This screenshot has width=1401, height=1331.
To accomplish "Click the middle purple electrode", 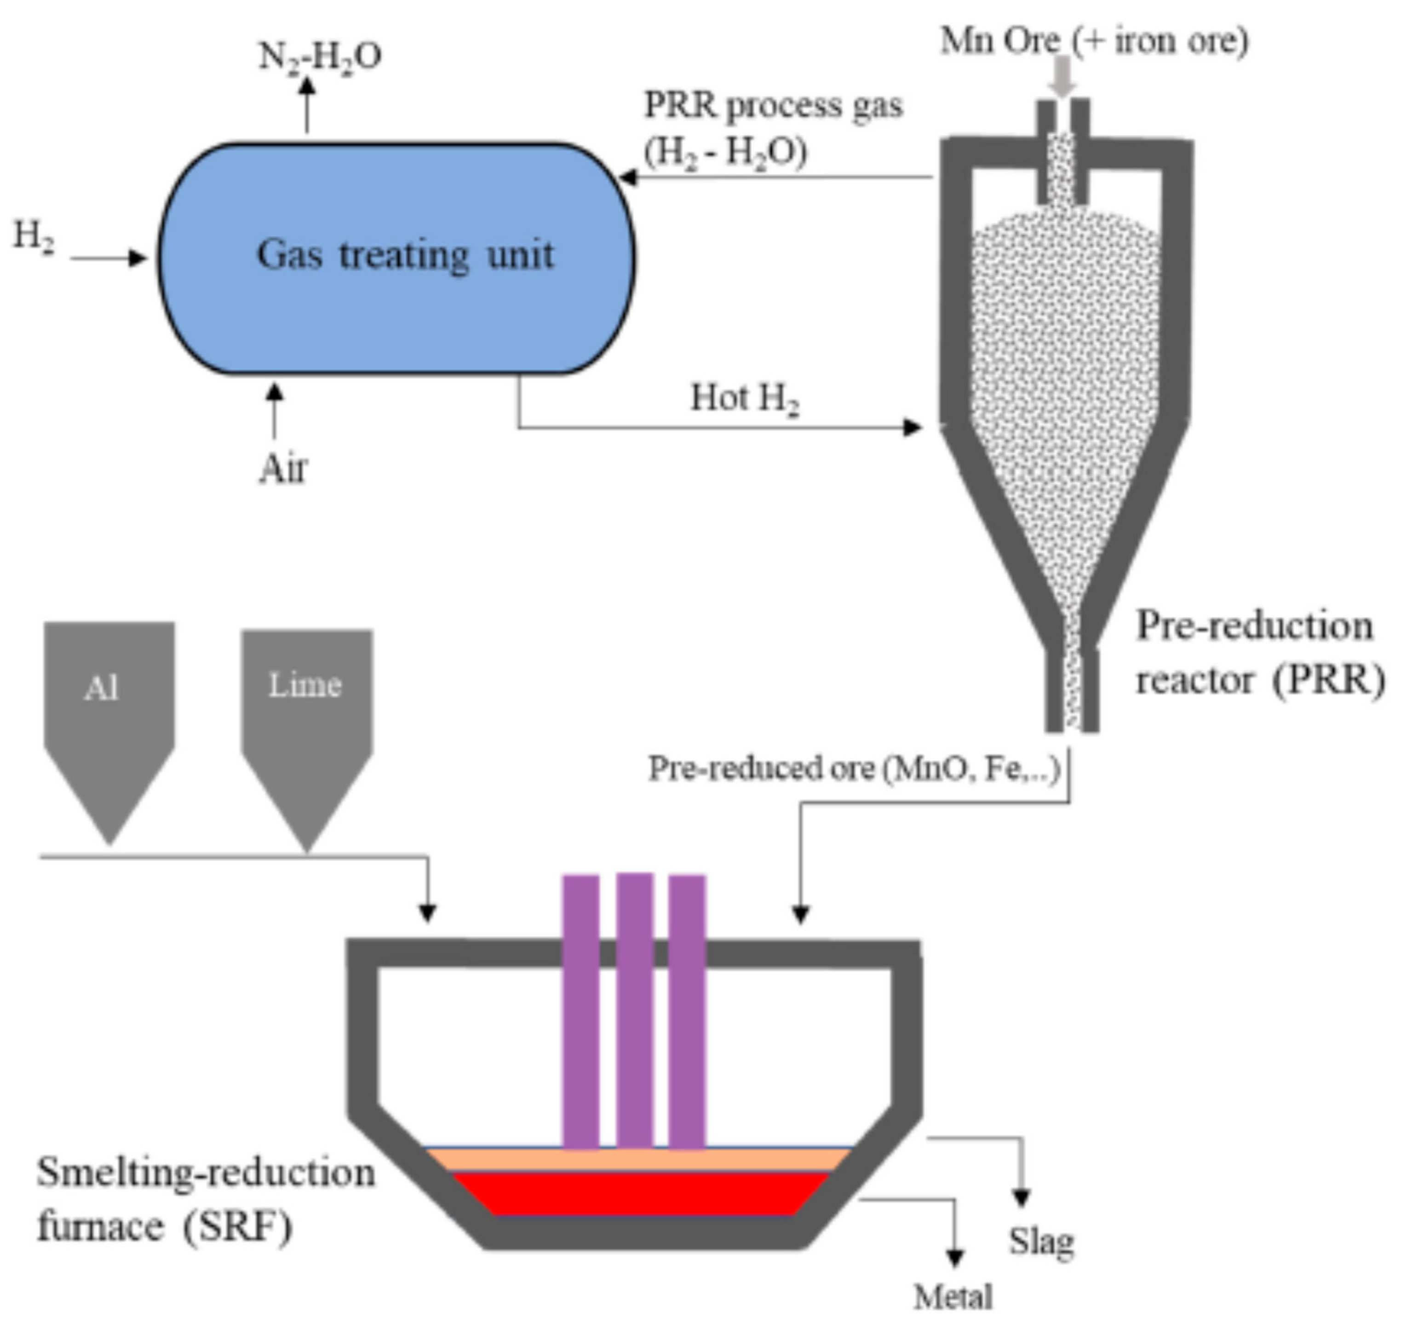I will (x=634, y=1008).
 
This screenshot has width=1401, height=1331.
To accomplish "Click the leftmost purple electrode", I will (x=581, y=1008).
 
